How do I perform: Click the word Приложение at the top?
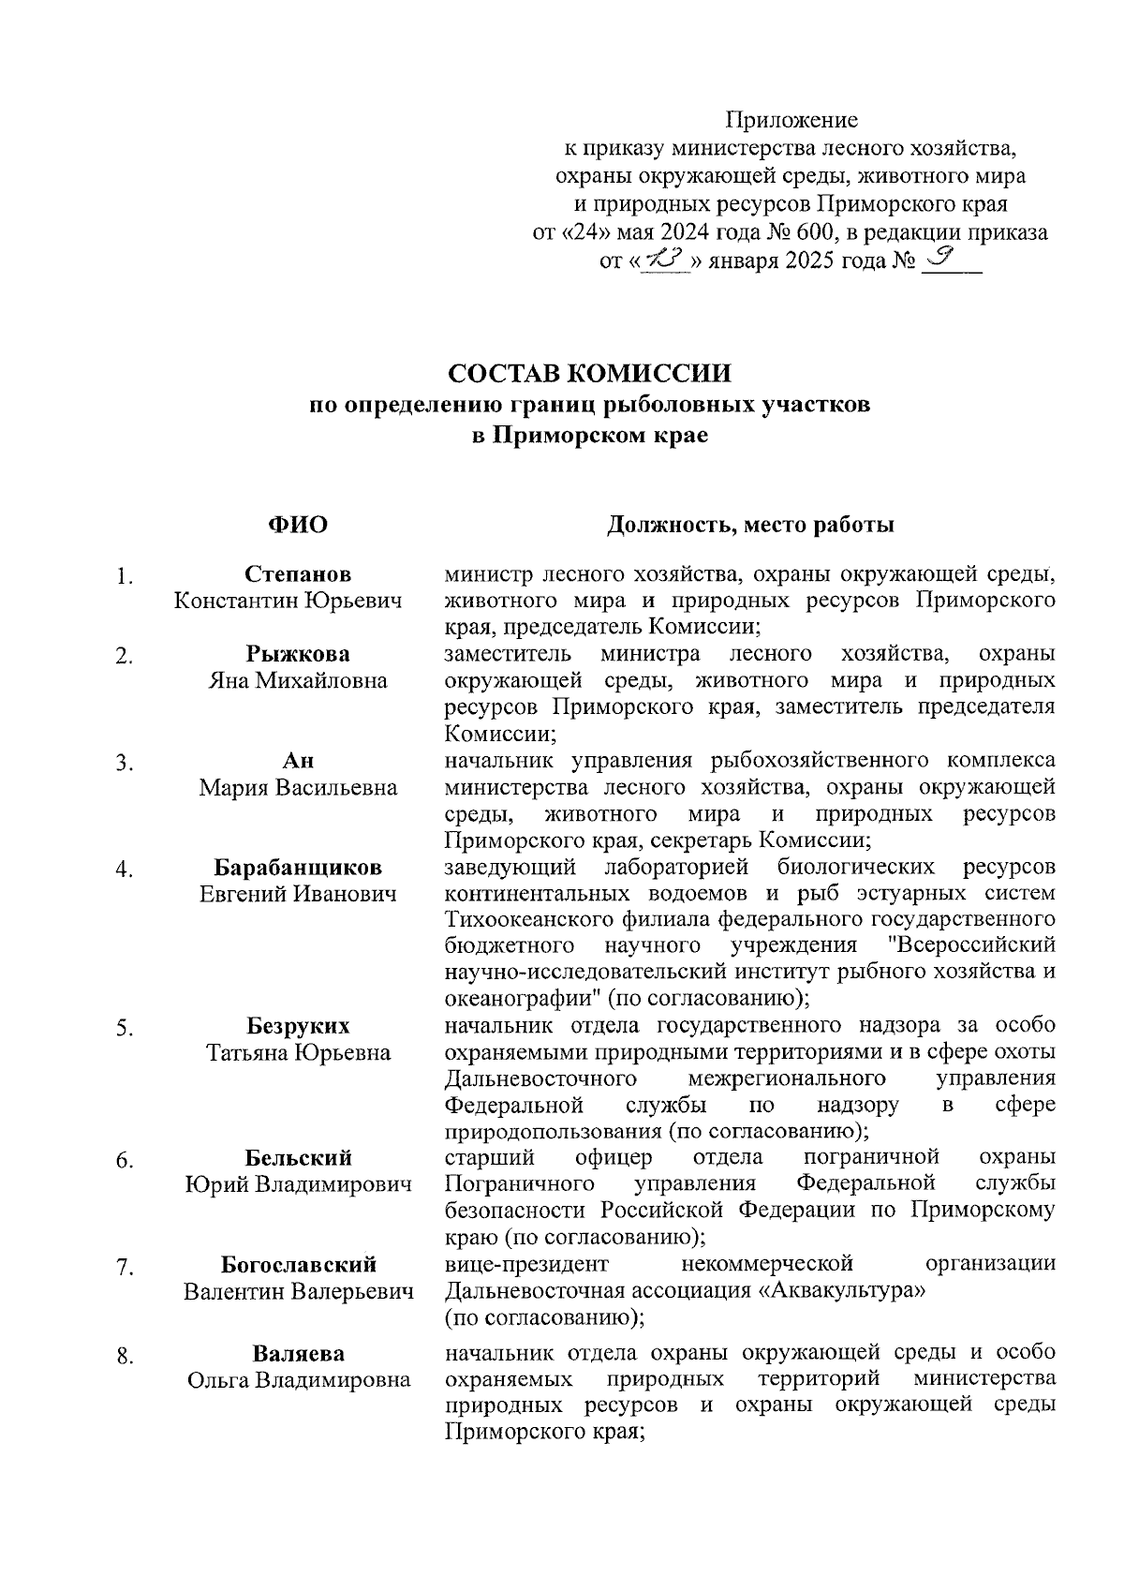(x=791, y=120)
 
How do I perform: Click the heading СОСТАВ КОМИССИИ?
(x=589, y=373)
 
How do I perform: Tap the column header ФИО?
(x=298, y=525)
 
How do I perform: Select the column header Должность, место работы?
(x=749, y=525)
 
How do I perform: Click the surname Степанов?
(x=298, y=574)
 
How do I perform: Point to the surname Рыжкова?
(x=298, y=654)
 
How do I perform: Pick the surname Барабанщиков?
(x=298, y=867)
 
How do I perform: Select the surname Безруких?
(x=298, y=1026)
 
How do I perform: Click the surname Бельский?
(x=298, y=1158)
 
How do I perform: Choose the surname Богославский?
(x=298, y=1265)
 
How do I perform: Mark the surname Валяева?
(x=298, y=1353)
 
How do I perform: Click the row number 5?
(x=124, y=1029)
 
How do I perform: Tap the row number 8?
(x=124, y=1356)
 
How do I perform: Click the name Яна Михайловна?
(x=298, y=680)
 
